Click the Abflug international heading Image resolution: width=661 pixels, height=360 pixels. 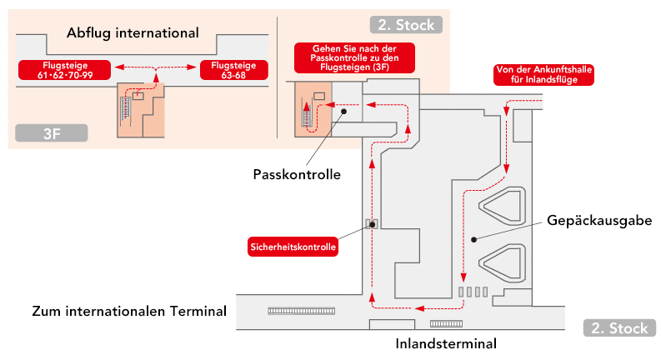coord(133,34)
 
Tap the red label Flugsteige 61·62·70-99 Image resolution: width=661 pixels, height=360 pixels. coord(65,70)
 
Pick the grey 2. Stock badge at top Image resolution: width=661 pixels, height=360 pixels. coord(405,25)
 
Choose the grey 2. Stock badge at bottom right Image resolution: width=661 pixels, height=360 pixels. coord(618,327)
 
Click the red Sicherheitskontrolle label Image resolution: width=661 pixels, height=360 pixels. coord(293,247)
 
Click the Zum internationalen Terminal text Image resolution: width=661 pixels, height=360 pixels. coord(129,312)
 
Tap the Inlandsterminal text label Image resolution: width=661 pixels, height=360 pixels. coord(446,343)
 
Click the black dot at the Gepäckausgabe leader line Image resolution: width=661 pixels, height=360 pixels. coord(473,239)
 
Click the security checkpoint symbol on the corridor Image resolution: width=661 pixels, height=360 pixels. coord(372,224)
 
